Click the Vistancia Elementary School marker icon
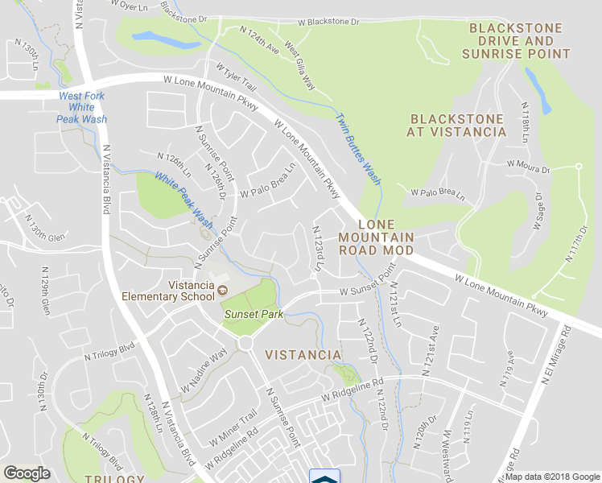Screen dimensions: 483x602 [x=222, y=290]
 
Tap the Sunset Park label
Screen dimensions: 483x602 [x=254, y=314]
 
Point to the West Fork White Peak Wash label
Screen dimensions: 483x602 [x=82, y=107]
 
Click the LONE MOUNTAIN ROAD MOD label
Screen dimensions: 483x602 [x=376, y=237]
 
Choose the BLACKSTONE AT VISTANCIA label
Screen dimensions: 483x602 [x=456, y=125]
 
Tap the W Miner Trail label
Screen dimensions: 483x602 [x=233, y=427]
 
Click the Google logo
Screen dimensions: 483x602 [x=27, y=473]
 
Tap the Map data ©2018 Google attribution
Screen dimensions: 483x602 [x=553, y=477]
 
